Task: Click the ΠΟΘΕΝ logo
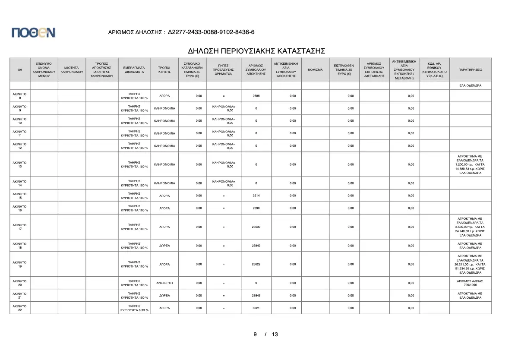(x=34, y=32)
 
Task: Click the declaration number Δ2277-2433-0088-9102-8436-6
(x=211, y=32)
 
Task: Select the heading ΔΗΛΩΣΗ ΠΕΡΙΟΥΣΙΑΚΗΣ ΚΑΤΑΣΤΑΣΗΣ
(x=256, y=51)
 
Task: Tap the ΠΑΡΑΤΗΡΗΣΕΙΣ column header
(x=470, y=69)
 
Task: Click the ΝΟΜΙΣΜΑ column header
(x=315, y=69)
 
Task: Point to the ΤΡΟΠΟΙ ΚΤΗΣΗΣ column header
(x=164, y=69)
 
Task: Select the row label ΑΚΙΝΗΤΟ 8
(x=20, y=96)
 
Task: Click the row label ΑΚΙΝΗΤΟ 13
(x=20, y=164)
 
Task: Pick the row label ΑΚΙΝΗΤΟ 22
(x=20, y=308)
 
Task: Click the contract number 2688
(x=256, y=96)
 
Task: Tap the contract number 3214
(x=256, y=196)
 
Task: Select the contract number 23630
(x=256, y=227)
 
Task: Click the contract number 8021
(x=256, y=308)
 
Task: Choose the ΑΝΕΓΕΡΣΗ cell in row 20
(x=164, y=283)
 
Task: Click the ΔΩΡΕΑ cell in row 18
(x=164, y=246)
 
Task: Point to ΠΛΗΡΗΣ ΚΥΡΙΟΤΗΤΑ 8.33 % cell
(x=134, y=308)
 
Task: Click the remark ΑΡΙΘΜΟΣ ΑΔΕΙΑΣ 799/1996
(x=470, y=283)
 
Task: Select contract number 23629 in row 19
(x=256, y=264)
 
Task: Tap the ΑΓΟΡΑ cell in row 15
(x=164, y=196)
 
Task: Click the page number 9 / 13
(x=265, y=334)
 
